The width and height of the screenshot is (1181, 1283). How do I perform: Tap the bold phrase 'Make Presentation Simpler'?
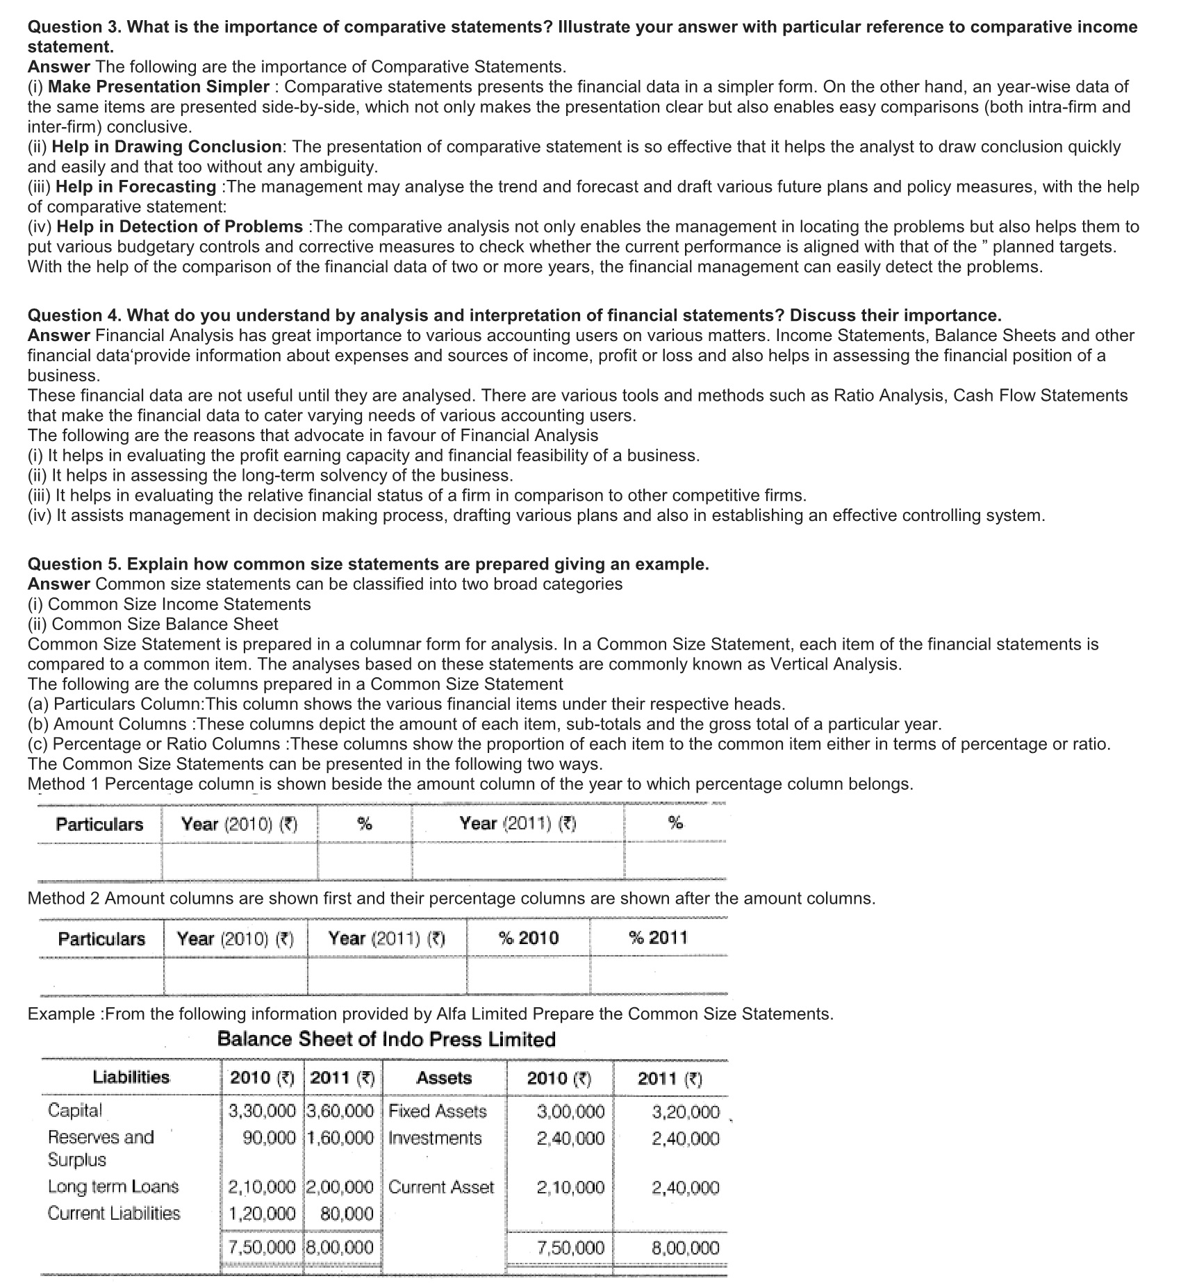click(x=158, y=87)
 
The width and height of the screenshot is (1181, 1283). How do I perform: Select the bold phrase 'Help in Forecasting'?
click(x=135, y=187)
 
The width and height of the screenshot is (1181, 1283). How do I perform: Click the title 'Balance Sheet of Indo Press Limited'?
click(x=386, y=1039)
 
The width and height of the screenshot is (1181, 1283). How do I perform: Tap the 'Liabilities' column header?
click(x=131, y=1077)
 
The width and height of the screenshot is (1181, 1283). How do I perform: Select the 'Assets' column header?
click(x=444, y=1078)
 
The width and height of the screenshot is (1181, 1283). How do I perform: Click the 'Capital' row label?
click(x=75, y=1111)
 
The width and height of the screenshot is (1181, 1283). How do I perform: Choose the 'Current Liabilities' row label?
click(x=114, y=1214)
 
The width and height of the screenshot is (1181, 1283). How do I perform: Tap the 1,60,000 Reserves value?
click(x=340, y=1139)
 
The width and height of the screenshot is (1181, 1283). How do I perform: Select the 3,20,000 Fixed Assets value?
click(x=685, y=1112)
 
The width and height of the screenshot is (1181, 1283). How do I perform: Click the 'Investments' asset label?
click(x=435, y=1139)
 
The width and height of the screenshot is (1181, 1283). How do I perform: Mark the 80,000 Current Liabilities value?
click(x=347, y=1214)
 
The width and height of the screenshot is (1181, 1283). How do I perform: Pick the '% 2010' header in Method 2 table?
click(x=528, y=938)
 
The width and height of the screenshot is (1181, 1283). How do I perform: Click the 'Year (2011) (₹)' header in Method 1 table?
click(x=518, y=824)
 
